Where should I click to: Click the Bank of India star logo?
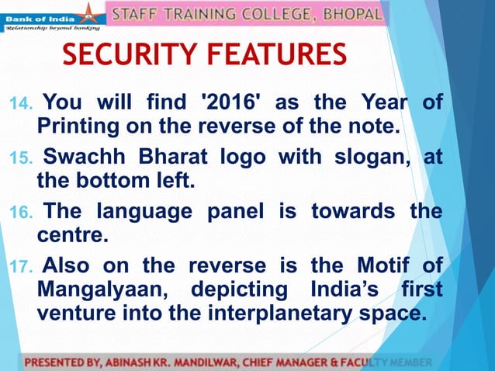[92, 13]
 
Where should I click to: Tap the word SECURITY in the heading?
[129, 56]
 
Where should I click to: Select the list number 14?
[21, 103]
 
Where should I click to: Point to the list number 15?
[21, 159]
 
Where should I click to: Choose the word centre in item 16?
[67, 233]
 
